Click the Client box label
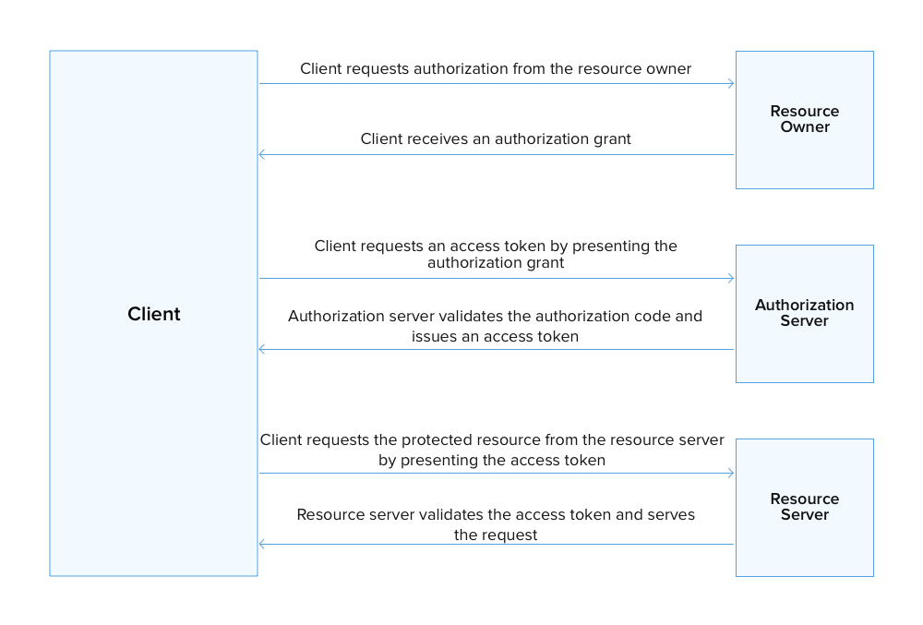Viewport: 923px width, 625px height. coord(154,314)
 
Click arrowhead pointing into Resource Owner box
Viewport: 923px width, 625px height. coord(730,84)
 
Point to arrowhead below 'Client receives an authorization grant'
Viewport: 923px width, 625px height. coord(263,155)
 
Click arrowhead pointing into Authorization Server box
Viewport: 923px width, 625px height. coord(730,279)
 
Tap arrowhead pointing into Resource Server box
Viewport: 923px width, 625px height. coord(730,474)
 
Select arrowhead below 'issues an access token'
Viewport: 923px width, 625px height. coord(263,350)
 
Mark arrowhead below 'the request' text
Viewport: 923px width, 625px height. coord(263,545)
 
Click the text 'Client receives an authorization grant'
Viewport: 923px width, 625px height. coord(496,139)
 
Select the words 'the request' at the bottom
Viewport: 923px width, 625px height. coord(496,535)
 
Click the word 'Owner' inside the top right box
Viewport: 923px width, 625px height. coord(805,127)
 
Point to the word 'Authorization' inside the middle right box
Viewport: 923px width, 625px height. coord(804,305)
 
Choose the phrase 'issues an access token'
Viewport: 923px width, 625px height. coord(496,337)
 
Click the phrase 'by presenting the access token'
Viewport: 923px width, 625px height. coord(492,460)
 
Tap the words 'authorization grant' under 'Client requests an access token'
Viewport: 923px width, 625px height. coord(496,263)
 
